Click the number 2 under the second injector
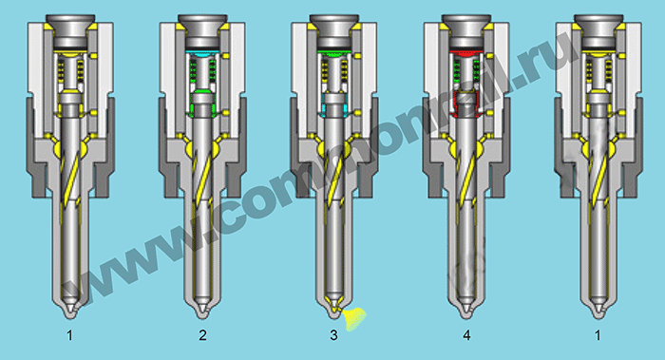point(202,335)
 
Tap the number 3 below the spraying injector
point(333,335)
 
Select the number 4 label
point(466,335)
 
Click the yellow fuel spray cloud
point(354,318)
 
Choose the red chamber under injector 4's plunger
point(466,53)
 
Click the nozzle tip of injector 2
point(202,314)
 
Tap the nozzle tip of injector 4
point(466,314)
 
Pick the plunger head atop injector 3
point(334,27)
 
